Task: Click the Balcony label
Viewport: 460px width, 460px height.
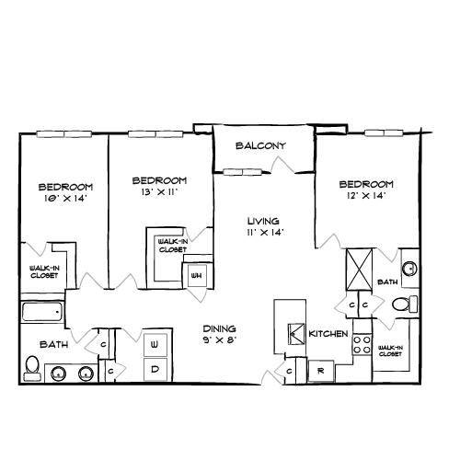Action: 260,145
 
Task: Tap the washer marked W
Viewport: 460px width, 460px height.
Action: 155,345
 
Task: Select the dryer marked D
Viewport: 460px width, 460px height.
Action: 155,369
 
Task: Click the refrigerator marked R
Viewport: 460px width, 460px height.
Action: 321,371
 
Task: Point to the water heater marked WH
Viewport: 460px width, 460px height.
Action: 197,276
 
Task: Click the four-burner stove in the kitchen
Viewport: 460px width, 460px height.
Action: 362,345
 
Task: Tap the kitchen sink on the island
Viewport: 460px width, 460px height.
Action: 296,334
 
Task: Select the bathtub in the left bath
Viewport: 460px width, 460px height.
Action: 42,312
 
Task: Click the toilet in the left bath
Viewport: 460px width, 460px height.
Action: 32,368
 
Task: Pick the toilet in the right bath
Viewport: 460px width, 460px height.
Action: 405,305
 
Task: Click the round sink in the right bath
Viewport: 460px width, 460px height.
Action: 410,270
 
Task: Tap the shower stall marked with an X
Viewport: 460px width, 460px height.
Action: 360,270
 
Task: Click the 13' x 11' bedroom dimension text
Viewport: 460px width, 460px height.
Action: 159,192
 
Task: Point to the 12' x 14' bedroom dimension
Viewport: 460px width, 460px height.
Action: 366,196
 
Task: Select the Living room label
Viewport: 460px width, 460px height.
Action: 263,221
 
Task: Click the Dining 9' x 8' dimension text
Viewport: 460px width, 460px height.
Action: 220,340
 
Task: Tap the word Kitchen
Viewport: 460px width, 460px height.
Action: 328,334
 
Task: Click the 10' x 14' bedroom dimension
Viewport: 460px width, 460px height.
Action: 64,199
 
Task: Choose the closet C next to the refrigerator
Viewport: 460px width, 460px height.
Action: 289,372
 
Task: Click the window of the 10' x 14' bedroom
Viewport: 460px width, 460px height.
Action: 64,134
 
